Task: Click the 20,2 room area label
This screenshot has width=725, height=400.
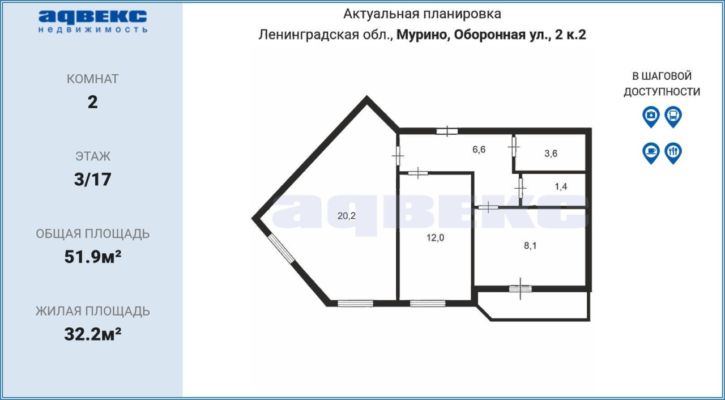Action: (x=346, y=216)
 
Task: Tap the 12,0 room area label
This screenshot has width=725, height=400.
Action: (x=435, y=238)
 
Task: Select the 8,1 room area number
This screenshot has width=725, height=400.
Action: (x=530, y=246)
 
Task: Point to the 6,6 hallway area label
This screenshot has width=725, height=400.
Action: (x=479, y=149)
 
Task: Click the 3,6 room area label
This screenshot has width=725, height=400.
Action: (x=551, y=154)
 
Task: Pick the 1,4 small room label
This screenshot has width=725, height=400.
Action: (x=561, y=186)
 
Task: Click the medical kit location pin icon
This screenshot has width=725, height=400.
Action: (x=651, y=117)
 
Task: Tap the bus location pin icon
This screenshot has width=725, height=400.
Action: (x=673, y=117)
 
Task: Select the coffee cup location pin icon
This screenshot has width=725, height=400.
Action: (x=651, y=153)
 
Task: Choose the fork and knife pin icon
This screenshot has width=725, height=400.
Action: (x=673, y=153)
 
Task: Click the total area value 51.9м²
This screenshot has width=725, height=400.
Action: (x=92, y=257)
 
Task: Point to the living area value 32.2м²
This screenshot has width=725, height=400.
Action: (x=92, y=334)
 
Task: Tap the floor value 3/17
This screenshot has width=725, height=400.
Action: (x=92, y=179)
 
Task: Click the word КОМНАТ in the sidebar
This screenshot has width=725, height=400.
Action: (x=92, y=79)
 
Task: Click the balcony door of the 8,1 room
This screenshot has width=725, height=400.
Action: (x=520, y=288)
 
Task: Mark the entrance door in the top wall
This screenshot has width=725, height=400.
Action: (x=447, y=131)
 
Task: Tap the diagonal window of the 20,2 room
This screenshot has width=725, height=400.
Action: (x=281, y=248)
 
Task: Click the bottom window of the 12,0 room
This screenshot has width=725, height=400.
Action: (x=428, y=303)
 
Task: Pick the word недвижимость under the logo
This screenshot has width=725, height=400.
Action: (x=93, y=29)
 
